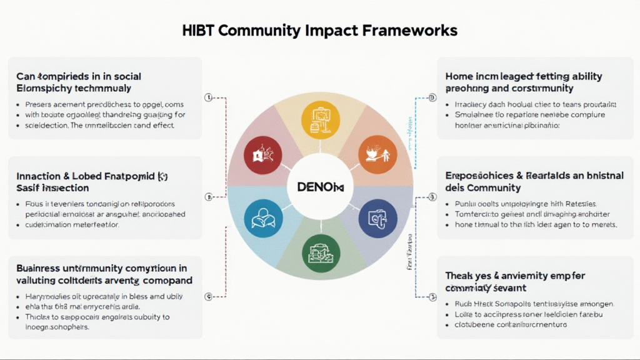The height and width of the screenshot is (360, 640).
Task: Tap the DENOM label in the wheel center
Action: pos(319,187)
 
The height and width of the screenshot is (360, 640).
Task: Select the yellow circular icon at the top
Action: pos(319,119)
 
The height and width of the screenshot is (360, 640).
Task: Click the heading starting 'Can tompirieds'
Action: pos(79,82)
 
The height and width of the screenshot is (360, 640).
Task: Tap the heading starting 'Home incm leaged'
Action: pos(524,82)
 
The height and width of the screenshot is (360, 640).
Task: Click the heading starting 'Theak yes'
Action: pos(515,281)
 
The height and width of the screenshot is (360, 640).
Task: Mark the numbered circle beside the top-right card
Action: pos(432,97)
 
